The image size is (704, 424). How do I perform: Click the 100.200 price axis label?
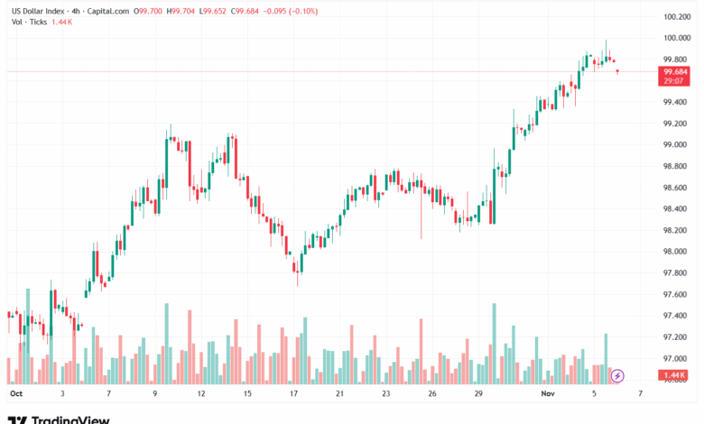[676, 16]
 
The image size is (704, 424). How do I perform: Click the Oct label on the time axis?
[14, 394]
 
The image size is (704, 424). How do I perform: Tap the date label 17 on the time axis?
[293, 394]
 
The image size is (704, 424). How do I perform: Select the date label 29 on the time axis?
[479, 394]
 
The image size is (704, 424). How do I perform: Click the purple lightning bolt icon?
[617, 374]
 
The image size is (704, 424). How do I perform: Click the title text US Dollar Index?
[37, 12]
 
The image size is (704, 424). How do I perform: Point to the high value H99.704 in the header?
[184, 12]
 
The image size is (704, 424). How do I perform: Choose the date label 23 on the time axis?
[386, 394]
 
